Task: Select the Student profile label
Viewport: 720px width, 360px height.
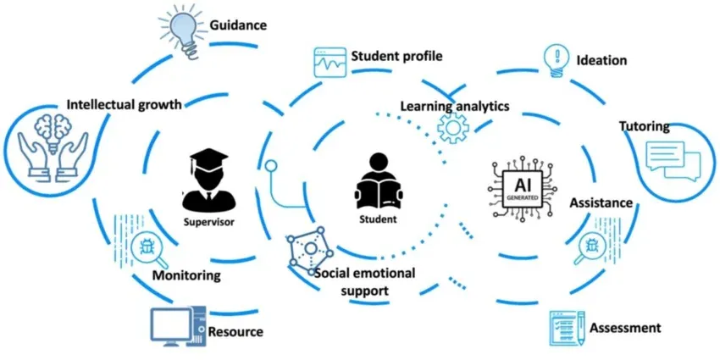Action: pos(396,56)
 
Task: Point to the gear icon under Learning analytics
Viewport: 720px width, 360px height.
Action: pos(453,128)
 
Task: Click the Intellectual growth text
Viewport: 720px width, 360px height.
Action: pos(125,104)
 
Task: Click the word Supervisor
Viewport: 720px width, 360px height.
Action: pos(209,222)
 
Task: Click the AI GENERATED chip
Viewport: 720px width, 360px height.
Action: pos(522,187)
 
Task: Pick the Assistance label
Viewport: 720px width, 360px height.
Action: pos(601,202)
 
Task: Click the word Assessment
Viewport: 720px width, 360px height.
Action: pos(625,328)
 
